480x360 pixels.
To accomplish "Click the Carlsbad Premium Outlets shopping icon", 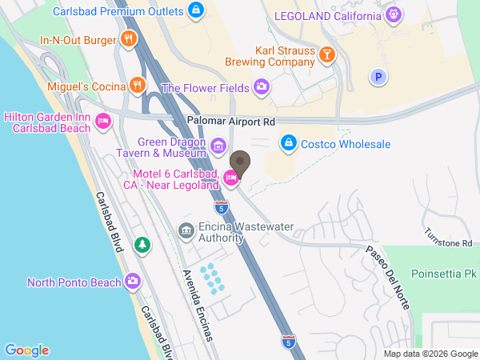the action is [x=196, y=11].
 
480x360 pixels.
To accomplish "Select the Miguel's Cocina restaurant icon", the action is [x=137, y=85].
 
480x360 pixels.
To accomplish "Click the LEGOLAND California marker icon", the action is [x=393, y=15].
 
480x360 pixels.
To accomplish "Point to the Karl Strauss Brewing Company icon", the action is [x=326, y=54].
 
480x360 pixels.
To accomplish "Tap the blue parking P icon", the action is [x=378, y=77].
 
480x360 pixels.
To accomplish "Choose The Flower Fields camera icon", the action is [x=261, y=87].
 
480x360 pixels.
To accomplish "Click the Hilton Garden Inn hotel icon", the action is [x=102, y=122].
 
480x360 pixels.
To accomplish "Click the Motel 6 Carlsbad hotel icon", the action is [x=230, y=178].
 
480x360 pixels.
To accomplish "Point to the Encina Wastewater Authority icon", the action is [x=186, y=231].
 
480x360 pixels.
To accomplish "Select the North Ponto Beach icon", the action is [x=133, y=281].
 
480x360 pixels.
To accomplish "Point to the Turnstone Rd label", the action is [x=449, y=242].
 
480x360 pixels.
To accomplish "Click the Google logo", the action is [x=26, y=350].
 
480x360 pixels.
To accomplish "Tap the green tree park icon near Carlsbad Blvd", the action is [x=142, y=243].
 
